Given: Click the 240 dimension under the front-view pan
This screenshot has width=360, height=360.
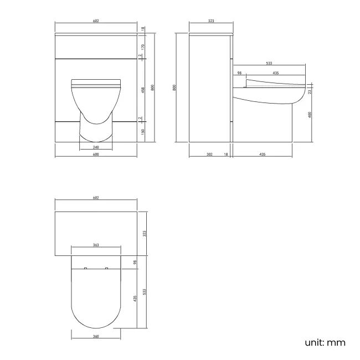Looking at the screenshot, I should pyautogui.click(x=95, y=147).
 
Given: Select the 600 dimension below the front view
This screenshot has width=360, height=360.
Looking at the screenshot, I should pyautogui.click(x=95, y=155).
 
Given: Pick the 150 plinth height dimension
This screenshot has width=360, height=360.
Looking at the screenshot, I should pyautogui.click(x=143, y=131).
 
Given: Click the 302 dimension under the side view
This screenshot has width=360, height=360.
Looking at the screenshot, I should pyautogui.click(x=209, y=155).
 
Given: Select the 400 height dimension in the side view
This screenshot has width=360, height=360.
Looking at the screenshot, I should pyautogui.click(x=311, y=115).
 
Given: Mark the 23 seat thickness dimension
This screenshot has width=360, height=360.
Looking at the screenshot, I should pyautogui.click(x=311, y=91).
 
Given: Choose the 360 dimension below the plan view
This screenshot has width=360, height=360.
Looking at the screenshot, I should pyautogui.click(x=96, y=336).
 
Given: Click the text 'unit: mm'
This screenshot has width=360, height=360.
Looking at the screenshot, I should pyautogui.click(x=325, y=342).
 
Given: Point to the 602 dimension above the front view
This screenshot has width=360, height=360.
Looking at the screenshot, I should pyautogui.click(x=95, y=21).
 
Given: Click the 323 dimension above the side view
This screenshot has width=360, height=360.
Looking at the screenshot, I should pyautogui.click(x=210, y=21).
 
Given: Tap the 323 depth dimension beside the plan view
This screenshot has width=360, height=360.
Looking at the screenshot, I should pyautogui.click(x=145, y=234).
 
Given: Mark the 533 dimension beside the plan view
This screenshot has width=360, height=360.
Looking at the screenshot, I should pyautogui.click(x=145, y=292).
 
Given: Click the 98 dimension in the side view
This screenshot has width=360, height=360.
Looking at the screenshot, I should pyautogui.click(x=239, y=73).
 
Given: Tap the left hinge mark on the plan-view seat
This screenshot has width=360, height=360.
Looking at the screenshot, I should pyautogui.click(x=85, y=269).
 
